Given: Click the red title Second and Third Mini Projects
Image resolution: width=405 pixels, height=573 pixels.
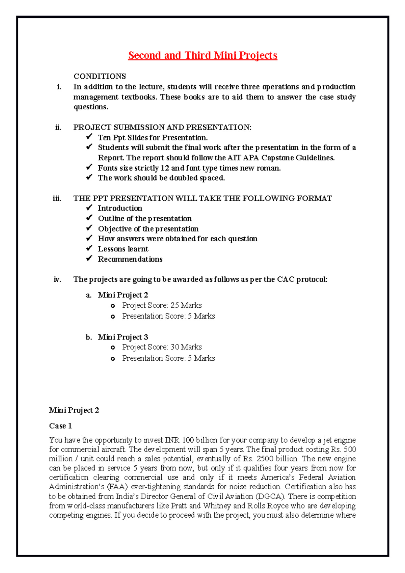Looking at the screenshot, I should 202,55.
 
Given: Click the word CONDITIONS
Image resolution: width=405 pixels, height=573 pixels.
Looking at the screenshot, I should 100,76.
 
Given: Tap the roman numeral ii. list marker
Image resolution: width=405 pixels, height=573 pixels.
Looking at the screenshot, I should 58,127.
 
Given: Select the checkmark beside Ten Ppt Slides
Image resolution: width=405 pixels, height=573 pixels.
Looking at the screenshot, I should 89,137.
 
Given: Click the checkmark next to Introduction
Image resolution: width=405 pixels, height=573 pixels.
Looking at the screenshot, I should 89,208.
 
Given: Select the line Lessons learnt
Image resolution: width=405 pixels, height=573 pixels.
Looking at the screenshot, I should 123,249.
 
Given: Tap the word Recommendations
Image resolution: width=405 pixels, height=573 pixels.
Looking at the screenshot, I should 130,259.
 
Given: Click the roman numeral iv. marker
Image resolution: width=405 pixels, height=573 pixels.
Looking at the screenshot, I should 57,279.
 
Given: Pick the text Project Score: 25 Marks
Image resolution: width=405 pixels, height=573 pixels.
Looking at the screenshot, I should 162,305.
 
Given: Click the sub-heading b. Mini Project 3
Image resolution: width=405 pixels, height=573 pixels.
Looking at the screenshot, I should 117,337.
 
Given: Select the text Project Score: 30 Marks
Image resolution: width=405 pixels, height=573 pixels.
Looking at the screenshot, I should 162,347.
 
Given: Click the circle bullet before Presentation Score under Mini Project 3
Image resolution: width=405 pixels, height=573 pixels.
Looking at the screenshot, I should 113,359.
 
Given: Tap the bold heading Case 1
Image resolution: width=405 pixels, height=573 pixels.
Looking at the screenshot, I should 60,426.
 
